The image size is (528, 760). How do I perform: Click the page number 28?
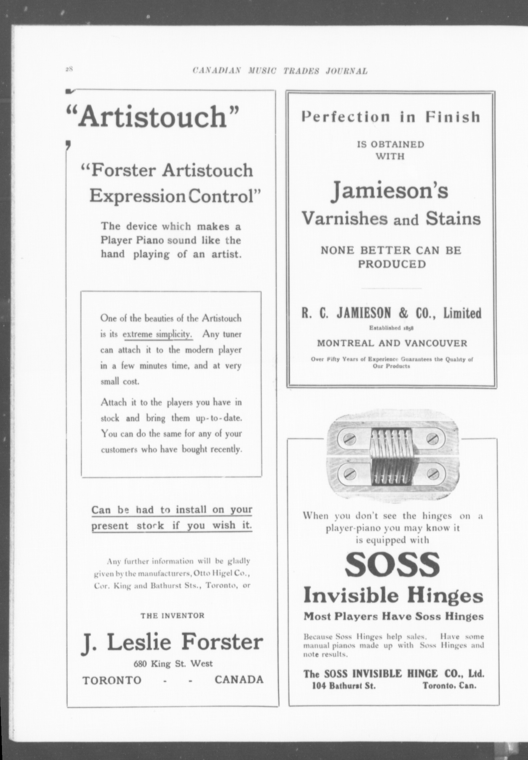tap(69, 69)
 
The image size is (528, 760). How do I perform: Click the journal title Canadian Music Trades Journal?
tap(280, 71)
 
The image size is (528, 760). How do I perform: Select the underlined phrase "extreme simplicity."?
tap(158, 334)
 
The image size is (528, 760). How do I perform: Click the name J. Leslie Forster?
tap(172, 643)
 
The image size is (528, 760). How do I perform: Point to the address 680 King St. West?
tap(173, 663)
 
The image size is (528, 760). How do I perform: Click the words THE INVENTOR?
tap(172, 616)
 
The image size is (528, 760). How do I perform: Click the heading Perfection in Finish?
tap(391, 117)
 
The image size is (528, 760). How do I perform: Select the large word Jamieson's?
tap(389, 192)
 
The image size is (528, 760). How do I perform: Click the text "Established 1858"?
tap(391, 328)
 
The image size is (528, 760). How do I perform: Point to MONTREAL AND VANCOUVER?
tap(392, 343)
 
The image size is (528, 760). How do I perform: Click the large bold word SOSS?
tap(392, 565)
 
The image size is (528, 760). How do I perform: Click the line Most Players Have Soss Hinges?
tap(393, 616)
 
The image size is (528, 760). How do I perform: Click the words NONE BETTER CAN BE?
tap(391, 250)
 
